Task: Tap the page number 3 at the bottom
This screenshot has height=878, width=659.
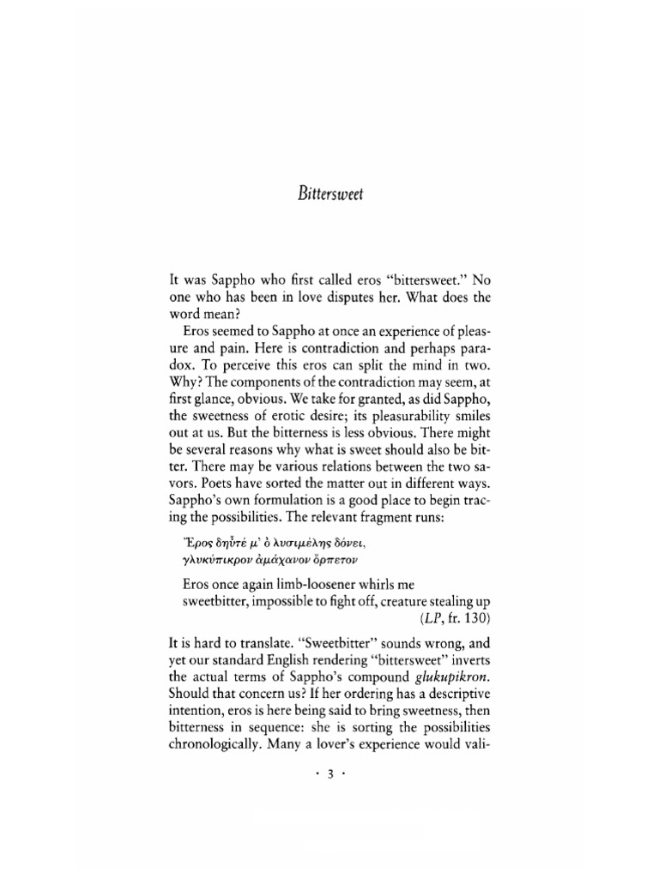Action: click(329, 773)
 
